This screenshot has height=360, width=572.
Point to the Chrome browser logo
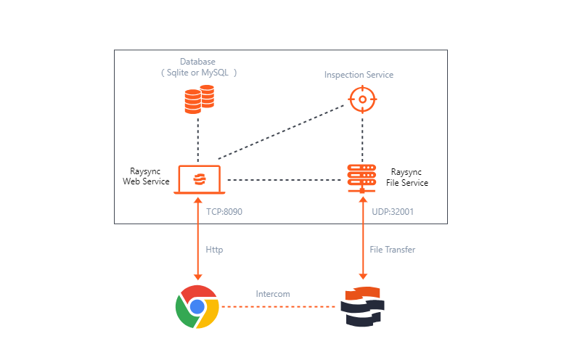coord(197,306)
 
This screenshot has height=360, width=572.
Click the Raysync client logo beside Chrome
coord(362,307)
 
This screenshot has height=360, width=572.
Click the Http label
coord(214,250)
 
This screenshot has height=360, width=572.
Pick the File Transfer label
coord(392,250)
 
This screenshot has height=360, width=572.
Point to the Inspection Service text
coord(359,75)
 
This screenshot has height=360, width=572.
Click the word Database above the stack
coord(197,62)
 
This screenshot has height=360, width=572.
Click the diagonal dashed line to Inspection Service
coord(280,131)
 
